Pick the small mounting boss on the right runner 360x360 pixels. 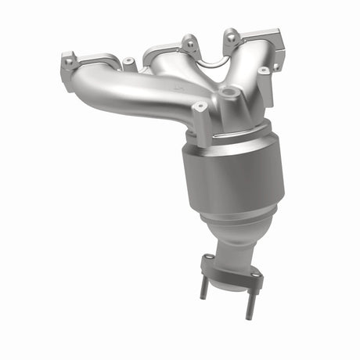click(x=264, y=70)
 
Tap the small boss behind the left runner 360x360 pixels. click(x=128, y=60)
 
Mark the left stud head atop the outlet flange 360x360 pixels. click(x=207, y=259)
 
